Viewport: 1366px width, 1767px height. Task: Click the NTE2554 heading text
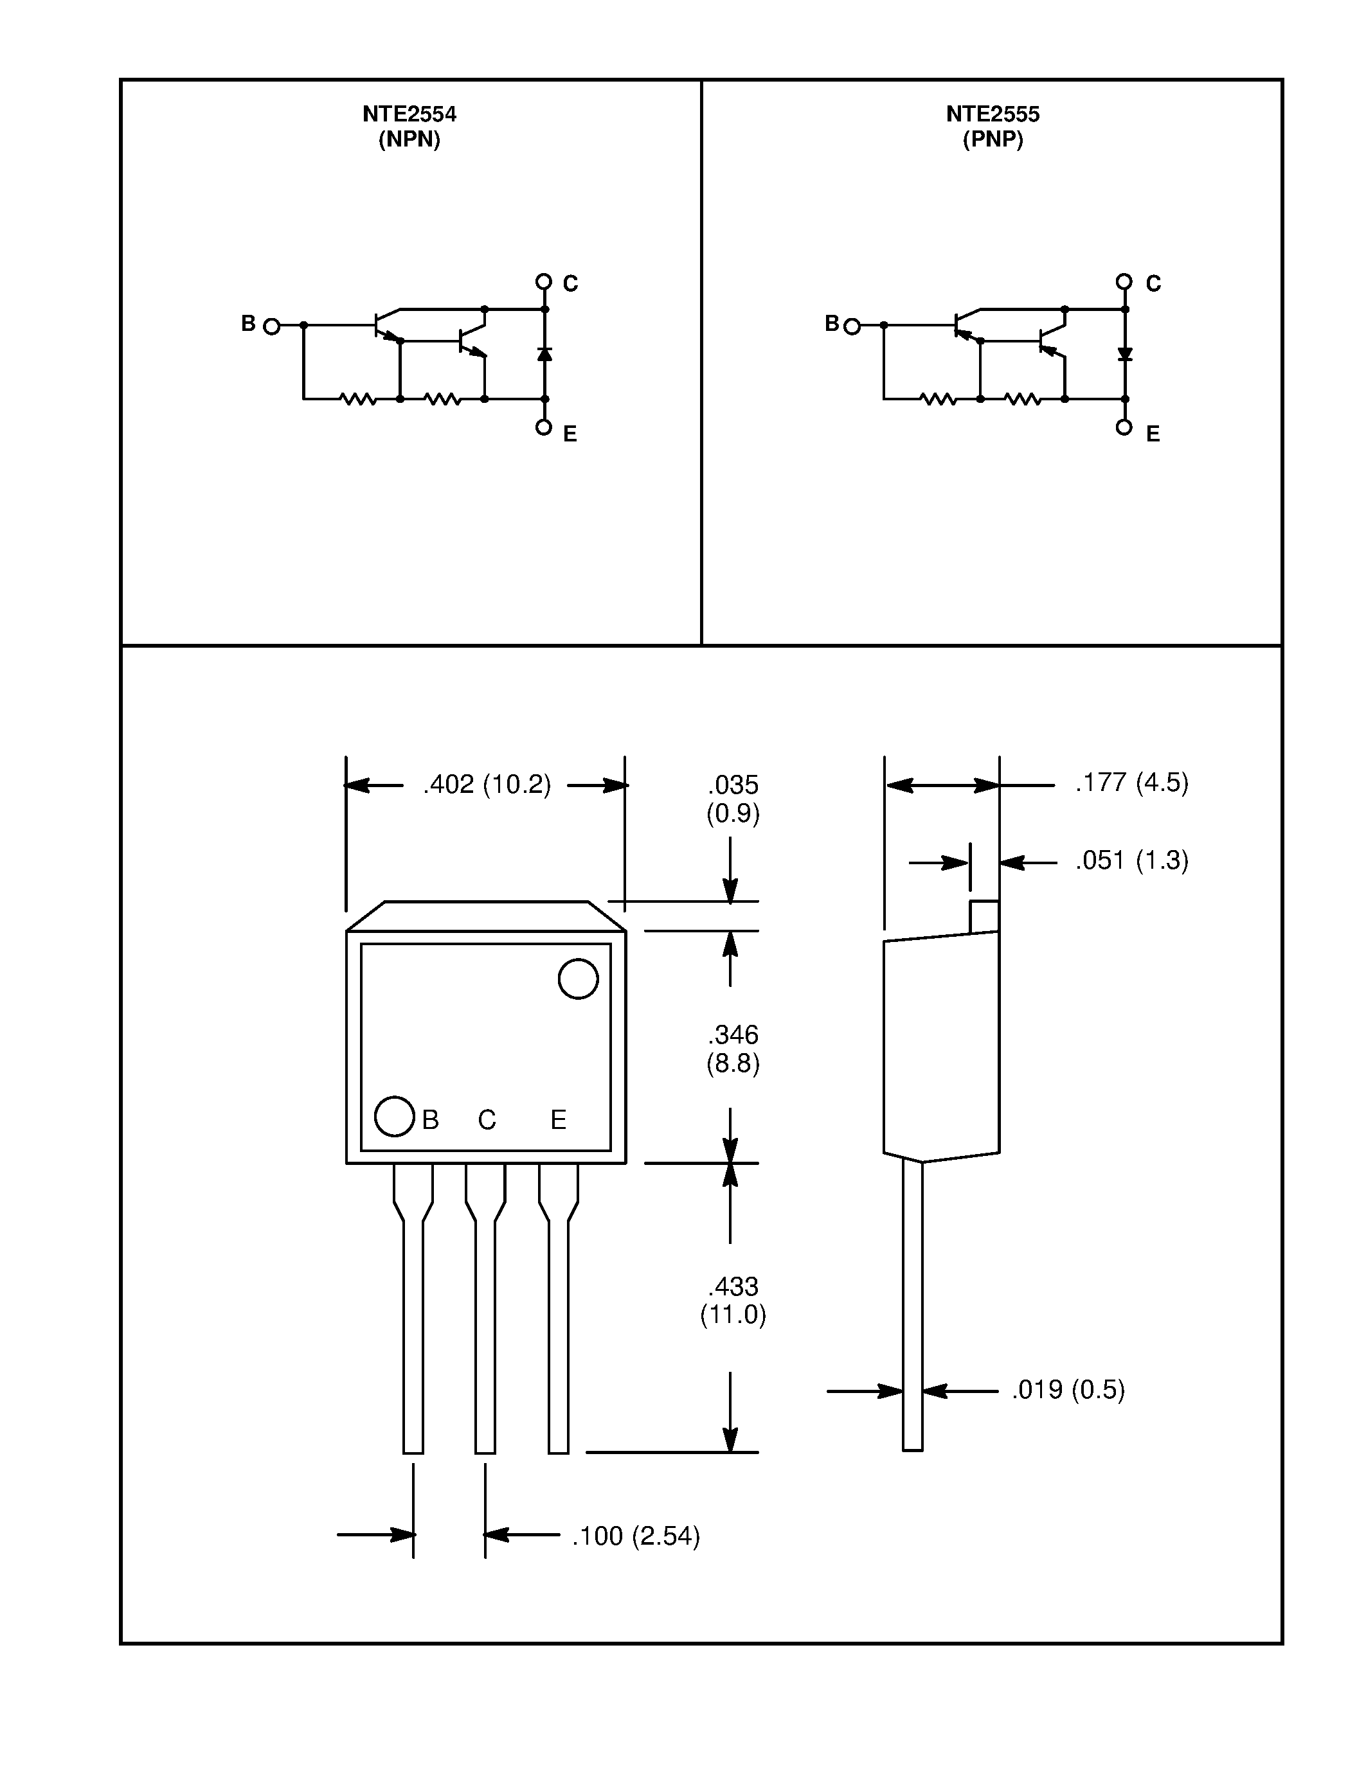[409, 114]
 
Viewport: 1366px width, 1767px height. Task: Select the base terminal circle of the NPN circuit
[272, 326]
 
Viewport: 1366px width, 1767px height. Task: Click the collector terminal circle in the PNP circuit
[1123, 281]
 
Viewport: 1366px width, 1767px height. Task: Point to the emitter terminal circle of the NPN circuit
[544, 427]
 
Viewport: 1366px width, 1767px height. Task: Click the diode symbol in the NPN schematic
[544, 353]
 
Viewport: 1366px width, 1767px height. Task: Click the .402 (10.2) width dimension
[487, 784]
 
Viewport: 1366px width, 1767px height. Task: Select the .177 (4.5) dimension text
[1131, 783]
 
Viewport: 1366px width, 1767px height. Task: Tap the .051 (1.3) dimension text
[1131, 860]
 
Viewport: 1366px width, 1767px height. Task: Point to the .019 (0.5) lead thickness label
[1067, 1389]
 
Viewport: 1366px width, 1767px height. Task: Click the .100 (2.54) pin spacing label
[635, 1536]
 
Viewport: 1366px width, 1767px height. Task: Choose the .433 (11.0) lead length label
[732, 1300]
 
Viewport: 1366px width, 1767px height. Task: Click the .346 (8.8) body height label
[732, 1049]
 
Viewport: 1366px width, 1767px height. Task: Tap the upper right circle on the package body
[578, 979]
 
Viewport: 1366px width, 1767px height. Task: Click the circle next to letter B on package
[394, 1117]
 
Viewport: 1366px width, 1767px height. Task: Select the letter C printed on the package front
[487, 1120]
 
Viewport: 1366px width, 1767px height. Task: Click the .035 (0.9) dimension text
[732, 798]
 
